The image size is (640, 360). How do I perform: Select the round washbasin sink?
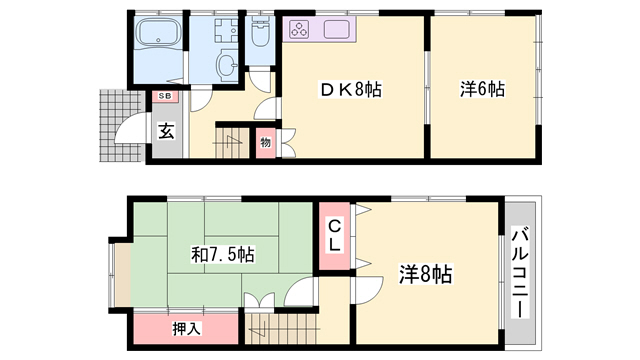pyautogui.click(x=226, y=66)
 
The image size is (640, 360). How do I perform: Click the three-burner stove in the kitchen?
pyautogui.click(x=300, y=29)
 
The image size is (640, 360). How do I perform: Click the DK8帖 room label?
pyautogui.click(x=348, y=90)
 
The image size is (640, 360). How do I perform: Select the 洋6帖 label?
pyautogui.click(x=482, y=90)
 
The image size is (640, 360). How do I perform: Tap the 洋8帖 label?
pyautogui.click(x=427, y=272)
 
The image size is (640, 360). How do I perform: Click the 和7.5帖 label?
pyautogui.click(x=222, y=254)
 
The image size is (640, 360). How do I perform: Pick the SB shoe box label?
pyautogui.click(x=163, y=96)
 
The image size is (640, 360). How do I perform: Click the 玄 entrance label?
pyautogui.click(x=166, y=129)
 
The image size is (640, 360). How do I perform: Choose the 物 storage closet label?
pyautogui.click(x=264, y=142)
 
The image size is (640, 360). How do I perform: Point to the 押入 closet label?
pyautogui.click(x=186, y=327)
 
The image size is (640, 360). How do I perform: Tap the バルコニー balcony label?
pyautogui.click(x=520, y=272)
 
